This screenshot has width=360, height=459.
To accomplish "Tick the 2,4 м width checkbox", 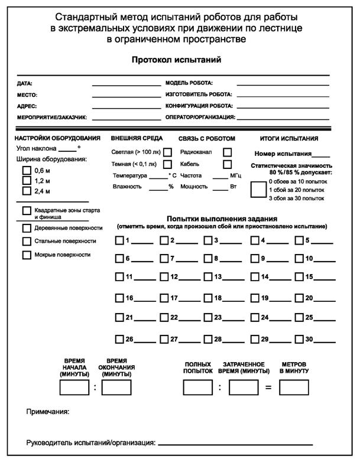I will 26,191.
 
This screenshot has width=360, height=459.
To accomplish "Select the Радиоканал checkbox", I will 227,152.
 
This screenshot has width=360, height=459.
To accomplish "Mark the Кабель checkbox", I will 227,164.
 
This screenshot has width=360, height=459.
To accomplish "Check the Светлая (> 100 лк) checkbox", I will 167,152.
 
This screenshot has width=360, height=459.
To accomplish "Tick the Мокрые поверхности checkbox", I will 26,255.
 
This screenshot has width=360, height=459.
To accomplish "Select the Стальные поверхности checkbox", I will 26,242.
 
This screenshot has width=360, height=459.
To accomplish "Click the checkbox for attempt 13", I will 208,276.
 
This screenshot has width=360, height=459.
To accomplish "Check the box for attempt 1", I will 119,240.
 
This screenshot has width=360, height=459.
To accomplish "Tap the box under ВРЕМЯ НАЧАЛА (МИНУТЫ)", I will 74,388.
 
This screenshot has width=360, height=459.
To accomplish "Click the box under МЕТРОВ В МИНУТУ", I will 294,388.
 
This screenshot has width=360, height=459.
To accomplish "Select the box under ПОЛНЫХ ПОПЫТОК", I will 197,388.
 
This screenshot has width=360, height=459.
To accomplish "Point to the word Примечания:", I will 48,412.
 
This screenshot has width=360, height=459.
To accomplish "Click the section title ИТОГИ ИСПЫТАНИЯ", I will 289,139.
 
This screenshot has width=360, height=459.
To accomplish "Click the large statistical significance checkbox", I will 258,190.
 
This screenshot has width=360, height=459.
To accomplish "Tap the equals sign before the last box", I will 268,388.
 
